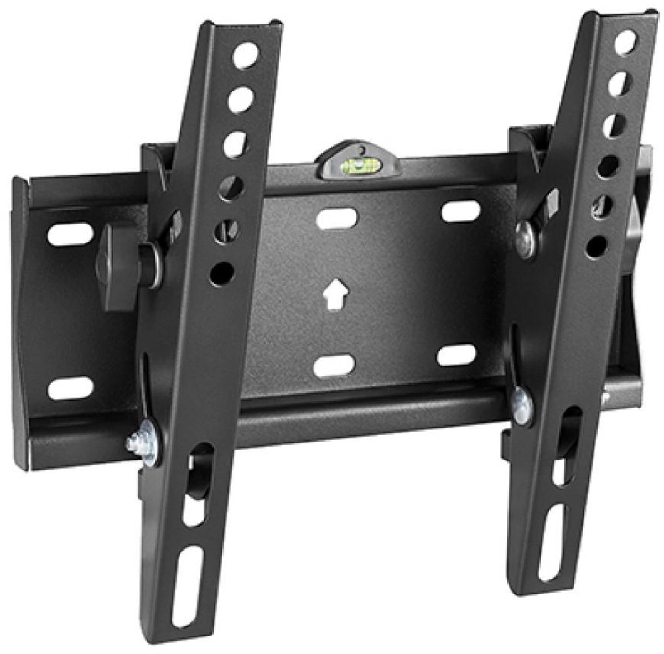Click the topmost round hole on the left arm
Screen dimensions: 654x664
243,55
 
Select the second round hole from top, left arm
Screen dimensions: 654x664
240,93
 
